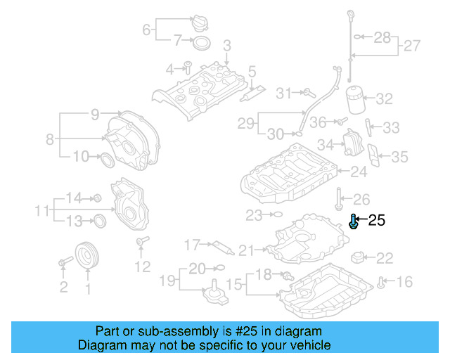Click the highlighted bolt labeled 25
click(x=354, y=223)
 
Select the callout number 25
click(x=377, y=221)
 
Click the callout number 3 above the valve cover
click(x=226, y=46)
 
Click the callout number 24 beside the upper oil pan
click(x=359, y=172)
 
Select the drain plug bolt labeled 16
click(x=382, y=283)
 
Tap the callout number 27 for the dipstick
click(x=412, y=46)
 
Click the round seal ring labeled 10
click(x=108, y=160)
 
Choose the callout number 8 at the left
click(x=50, y=139)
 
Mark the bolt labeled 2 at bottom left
click(x=63, y=262)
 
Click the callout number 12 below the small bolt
click(x=143, y=267)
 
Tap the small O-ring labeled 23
click(x=276, y=213)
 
